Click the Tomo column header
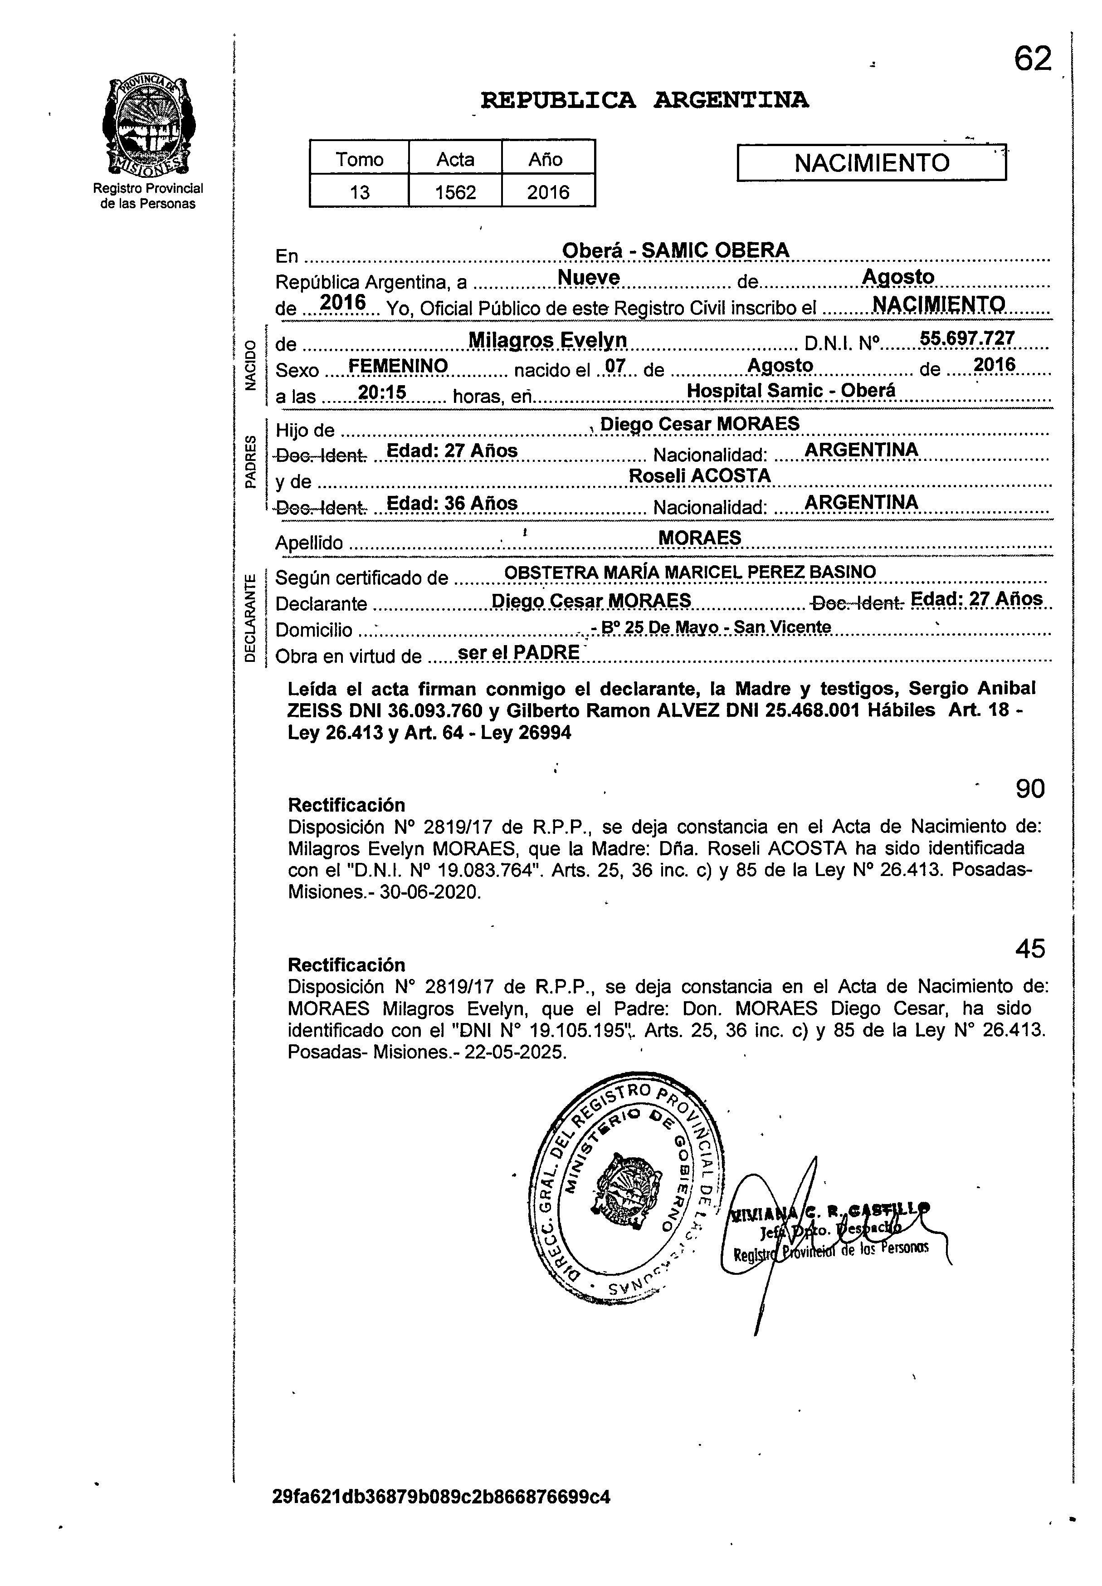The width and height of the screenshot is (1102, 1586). pos(359,160)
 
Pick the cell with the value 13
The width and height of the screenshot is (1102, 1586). pos(359,191)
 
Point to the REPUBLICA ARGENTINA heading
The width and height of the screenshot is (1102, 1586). pos(644,101)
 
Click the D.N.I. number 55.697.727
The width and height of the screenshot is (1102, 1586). pos(967,338)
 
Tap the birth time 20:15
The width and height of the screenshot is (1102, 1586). pos(382,392)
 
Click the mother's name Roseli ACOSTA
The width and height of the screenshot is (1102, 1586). pos(699,475)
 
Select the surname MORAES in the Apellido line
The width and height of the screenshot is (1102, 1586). pos(699,538)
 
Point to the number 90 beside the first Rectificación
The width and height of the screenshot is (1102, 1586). pos(1030,788)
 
